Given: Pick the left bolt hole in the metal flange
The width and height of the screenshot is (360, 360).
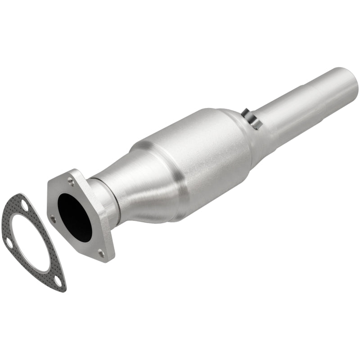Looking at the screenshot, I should [x=53, y=219].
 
